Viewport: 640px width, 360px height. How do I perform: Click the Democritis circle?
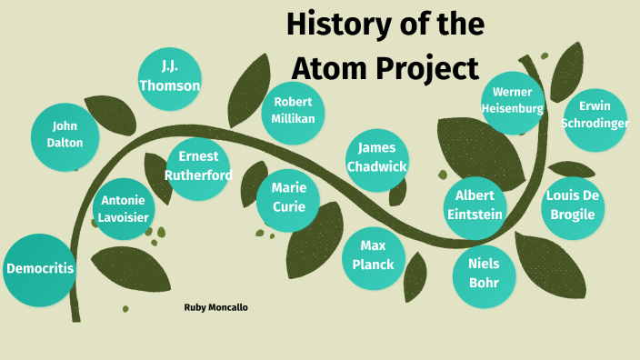pyautogui.click(x=39, y=269)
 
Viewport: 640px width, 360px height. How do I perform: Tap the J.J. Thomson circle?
pyautogui.click(x=169, y=77)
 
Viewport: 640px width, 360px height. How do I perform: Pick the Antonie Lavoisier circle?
pyautogui.click(x=123, y=208)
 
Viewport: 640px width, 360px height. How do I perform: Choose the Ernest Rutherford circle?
pyautogui.click(x=197, y=165)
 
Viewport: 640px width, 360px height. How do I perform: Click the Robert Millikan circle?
pyautogui.click(x=293, y=110)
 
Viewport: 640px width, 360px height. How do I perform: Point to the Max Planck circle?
pyautogui.click(x=372, y=255)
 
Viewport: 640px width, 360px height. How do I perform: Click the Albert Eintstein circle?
pyautogui.click(x=475, y=205)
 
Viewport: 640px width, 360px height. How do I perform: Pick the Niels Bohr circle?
pyautogui.click(x=484, y=273)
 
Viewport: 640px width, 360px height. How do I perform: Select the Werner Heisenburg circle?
pyautogui.click(x=513, y=100)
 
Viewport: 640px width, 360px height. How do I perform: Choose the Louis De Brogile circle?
pyautogui.click(x=572, y=205)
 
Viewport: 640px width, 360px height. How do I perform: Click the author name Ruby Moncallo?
pyautogui.click(x=215, y=307)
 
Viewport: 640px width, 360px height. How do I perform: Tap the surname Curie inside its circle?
pyautogui.click(x=287, y=205)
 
